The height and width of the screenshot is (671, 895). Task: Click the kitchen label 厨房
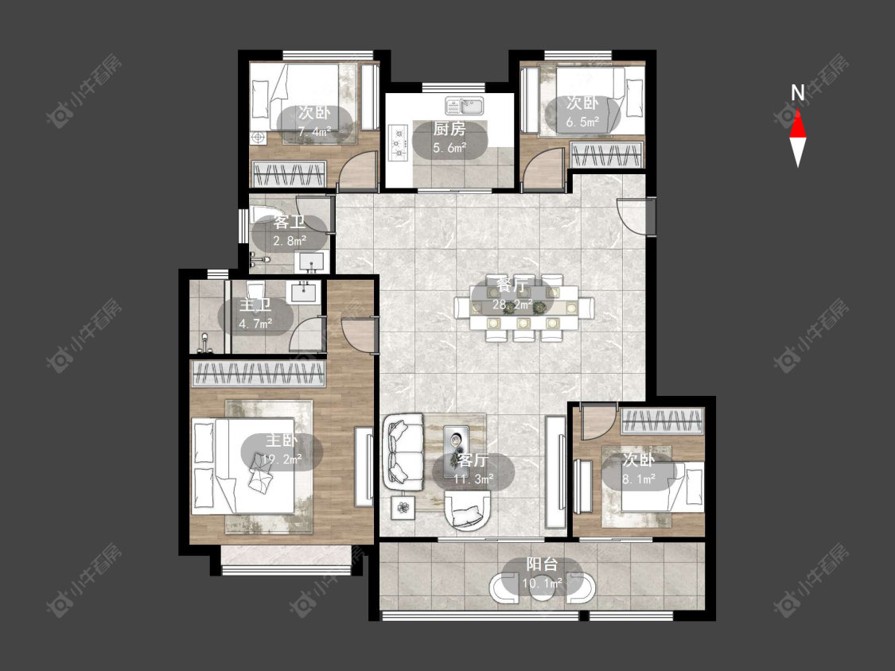tap(449, 129)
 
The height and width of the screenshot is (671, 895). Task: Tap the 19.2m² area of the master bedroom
tap(282, 458)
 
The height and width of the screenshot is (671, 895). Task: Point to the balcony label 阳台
tap(542, 564)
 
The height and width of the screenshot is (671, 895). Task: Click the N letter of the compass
tap(797, 92)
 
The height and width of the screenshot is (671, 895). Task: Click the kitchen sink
tap(464, 106)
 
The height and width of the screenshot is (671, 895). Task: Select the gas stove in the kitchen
tap(397, 142)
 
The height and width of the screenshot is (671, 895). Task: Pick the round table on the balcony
tap(542, 591)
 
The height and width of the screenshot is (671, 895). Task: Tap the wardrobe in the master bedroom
tap(259, 373)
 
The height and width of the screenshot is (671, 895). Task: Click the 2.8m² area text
tap(290, 241)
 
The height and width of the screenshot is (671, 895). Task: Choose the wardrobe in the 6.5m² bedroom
tap(607, 155)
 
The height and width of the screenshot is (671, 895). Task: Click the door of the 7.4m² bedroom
tap(359, 169)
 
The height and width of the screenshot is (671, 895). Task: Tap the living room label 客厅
tap(473, 460)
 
